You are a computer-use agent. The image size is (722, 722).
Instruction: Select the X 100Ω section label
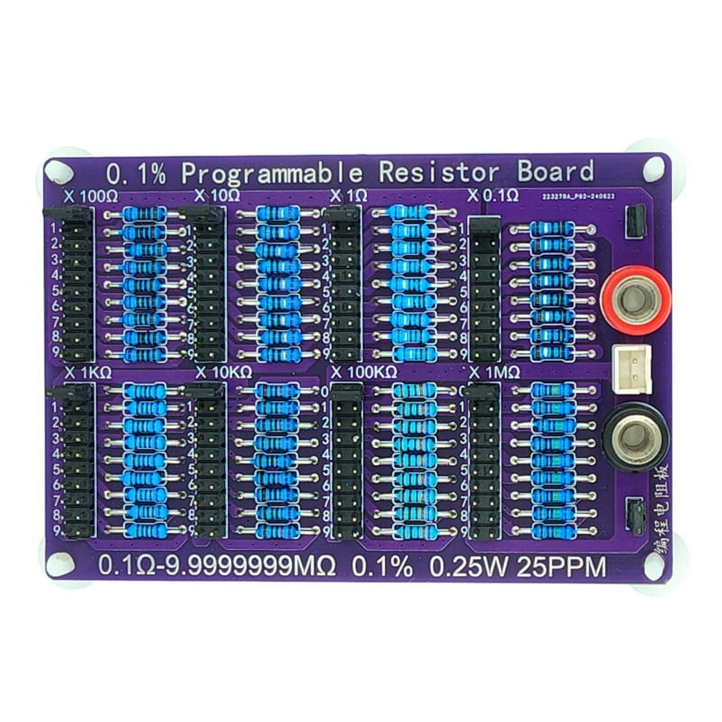91,197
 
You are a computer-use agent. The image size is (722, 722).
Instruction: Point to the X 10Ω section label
217,196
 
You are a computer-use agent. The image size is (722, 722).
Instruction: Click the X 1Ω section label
348,196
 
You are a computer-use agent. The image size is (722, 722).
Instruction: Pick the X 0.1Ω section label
493,196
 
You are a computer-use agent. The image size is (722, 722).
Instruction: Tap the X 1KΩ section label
88,373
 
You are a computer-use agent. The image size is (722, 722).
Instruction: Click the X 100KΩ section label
364,373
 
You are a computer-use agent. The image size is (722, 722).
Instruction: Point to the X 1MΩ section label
495,373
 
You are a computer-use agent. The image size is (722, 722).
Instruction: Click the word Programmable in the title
272,173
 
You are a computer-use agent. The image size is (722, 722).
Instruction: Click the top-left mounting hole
59,171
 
